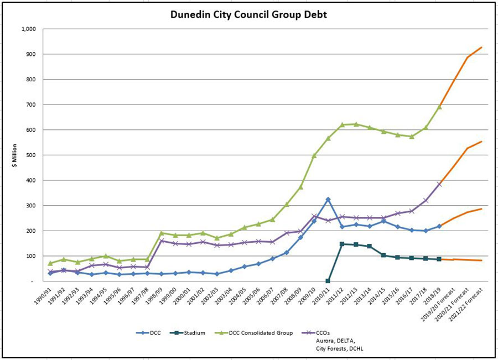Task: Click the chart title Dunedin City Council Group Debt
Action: tap(248, 14)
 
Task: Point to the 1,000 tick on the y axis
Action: tap(27, 29)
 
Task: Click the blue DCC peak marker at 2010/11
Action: tap(328, 199)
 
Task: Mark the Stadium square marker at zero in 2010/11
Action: tap(328, 281)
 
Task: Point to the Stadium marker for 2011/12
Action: tap(342, 244)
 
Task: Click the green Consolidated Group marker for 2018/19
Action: tap(439, 107)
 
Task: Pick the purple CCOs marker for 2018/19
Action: tap(439, 184)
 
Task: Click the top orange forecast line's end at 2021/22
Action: tap(481, 48)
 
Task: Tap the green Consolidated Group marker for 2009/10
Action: tap(314, 155)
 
